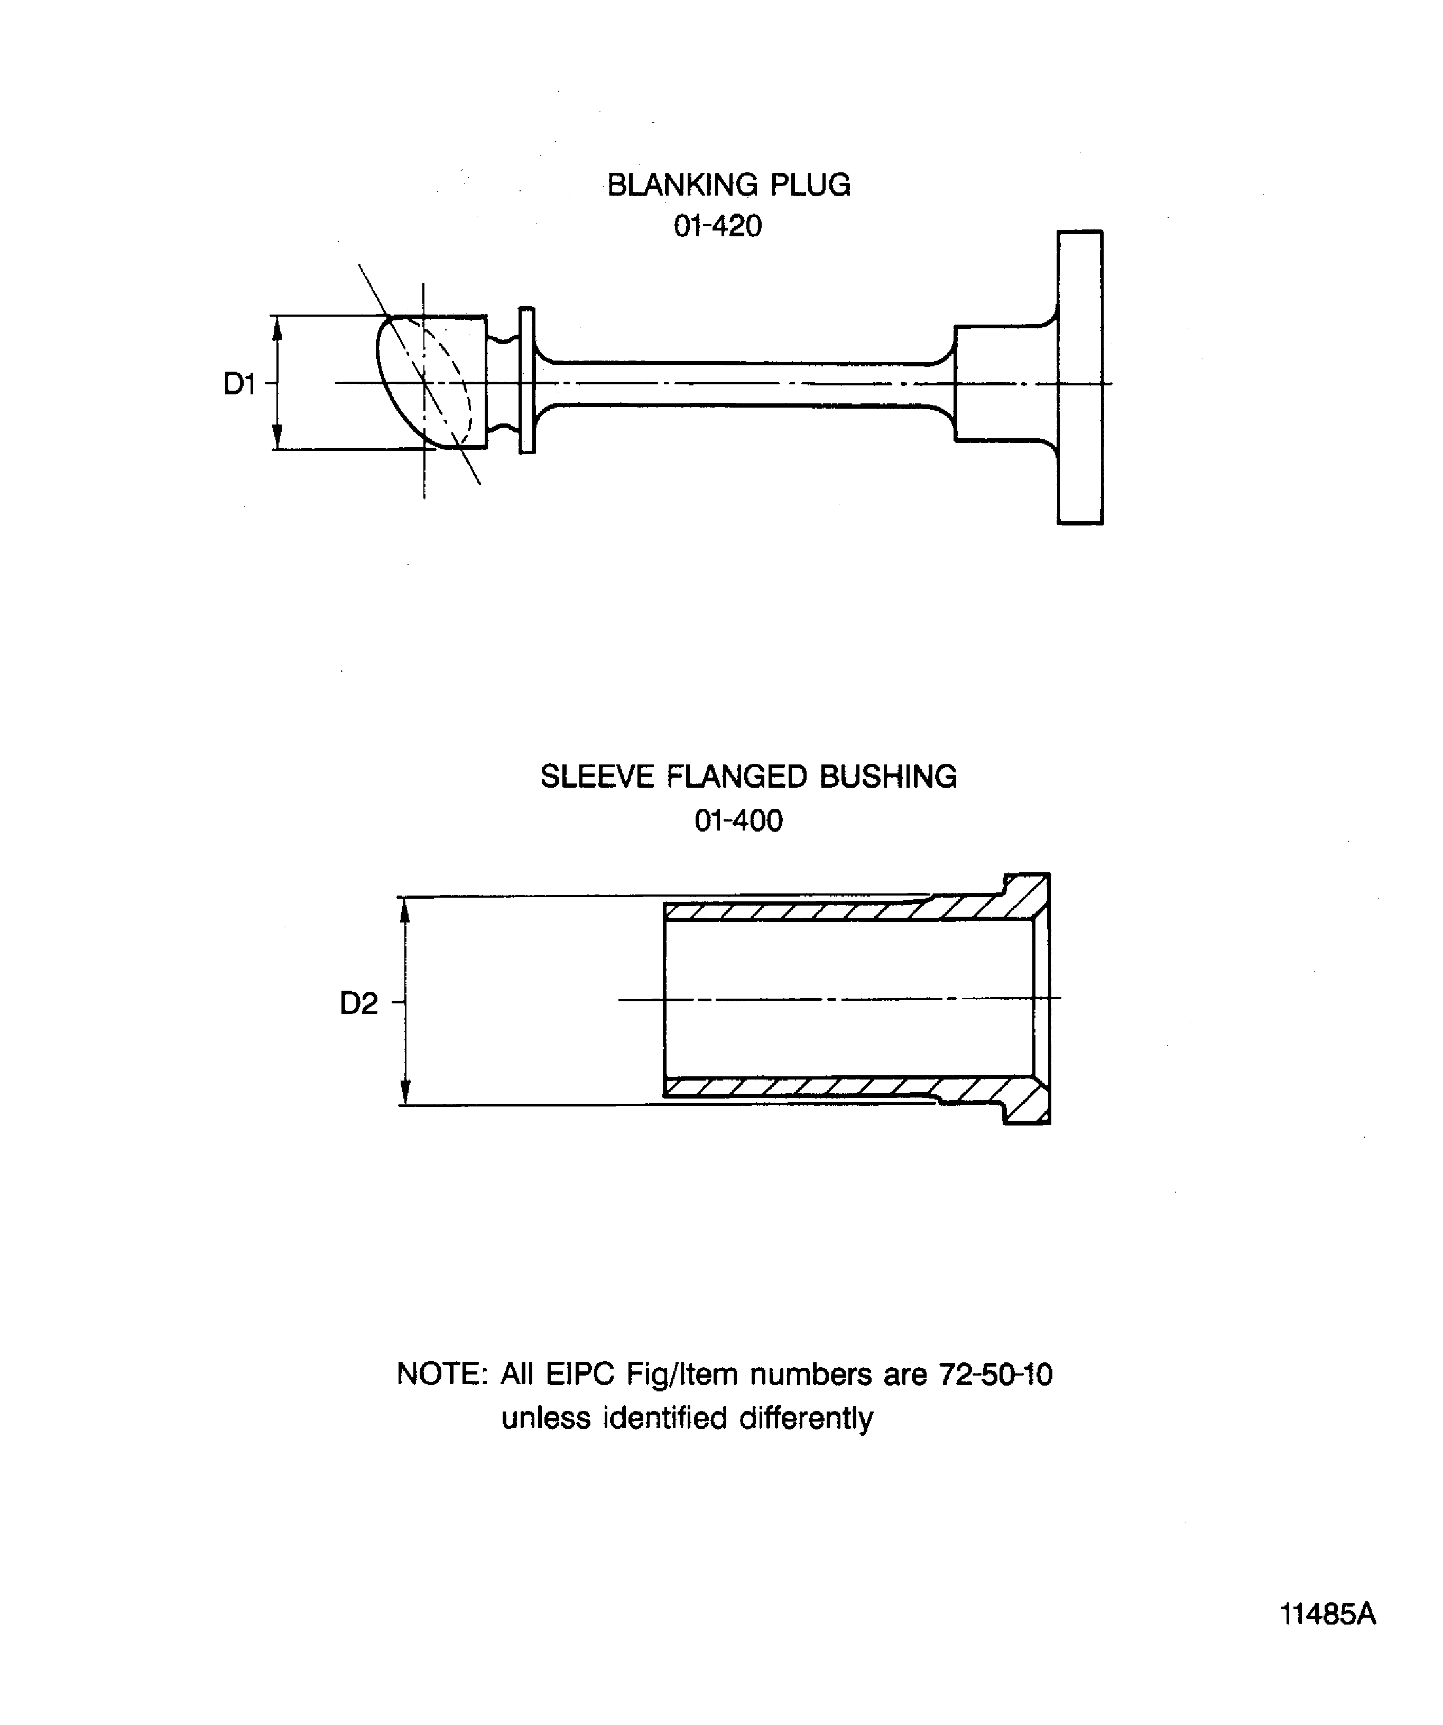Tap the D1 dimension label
[x=240, y=384]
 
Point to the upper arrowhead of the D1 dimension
[x=277, y=329]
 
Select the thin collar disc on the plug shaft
[x=528, y=380]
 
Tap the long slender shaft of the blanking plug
[x=739, y=384]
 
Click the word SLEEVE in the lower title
[x=597, y=777]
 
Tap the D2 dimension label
[x=359, y=1003]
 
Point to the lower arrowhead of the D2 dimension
[x=404, y=1093]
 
